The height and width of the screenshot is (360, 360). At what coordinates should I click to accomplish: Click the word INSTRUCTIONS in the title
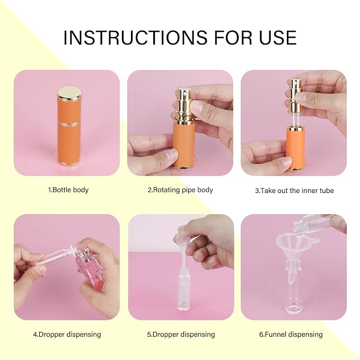[x=135, y=38]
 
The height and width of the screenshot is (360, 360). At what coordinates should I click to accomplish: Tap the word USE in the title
[x=278, y=38]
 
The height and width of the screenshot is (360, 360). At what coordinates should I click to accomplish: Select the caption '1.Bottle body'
[x=68, y=190]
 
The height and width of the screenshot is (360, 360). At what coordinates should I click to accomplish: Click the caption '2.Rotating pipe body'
[x=180, y=190]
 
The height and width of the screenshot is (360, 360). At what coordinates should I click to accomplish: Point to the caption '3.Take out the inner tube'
[x=294, y=190]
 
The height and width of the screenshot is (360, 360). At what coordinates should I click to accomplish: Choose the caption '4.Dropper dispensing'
[x=67, y=334]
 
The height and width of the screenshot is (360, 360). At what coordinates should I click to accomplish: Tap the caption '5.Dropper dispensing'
[x=181, y=334]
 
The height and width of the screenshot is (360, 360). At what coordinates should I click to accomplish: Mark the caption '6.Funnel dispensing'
[x=291, y=334]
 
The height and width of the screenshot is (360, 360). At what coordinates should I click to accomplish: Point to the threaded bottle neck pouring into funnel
[x=299, y=227]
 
